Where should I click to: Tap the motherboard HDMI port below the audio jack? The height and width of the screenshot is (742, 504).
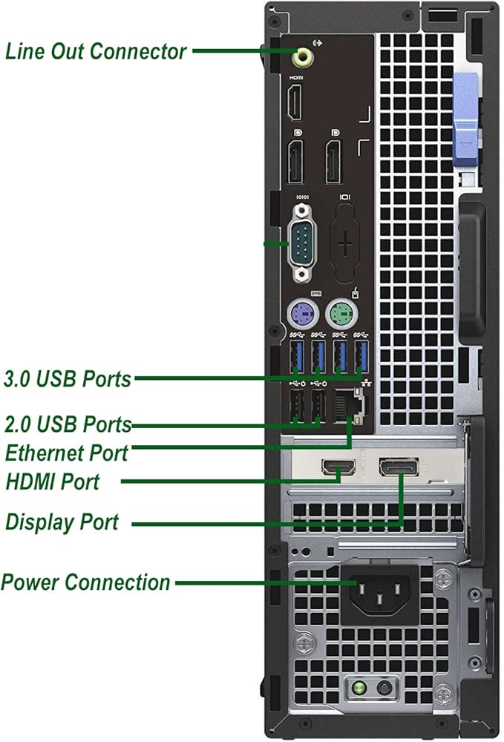click(x=295, y=102)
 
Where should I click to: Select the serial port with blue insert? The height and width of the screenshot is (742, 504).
click(x=302, y=243)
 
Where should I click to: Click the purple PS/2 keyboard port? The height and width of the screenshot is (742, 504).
click(x=302, y=313)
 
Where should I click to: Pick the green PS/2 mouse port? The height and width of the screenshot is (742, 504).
click(x=341, y=314)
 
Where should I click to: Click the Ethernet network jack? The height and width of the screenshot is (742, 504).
click(x=348, y=406)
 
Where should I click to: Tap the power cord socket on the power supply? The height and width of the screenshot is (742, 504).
click(x=379, y=591)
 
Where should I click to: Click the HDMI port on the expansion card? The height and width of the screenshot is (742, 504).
click(x=338, y=467)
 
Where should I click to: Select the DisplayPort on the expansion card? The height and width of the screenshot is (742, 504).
click(x=399, y=467)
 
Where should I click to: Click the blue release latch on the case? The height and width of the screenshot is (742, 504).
click(x=465, y=120)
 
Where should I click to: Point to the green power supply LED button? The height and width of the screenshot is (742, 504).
click(x=359, y=687)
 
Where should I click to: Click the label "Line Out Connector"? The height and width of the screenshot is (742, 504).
click(x=96, y=51)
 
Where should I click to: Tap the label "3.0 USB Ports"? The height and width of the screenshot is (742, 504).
click(x=68, y=378)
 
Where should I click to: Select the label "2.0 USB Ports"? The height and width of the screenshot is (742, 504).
click(x=68, y=424)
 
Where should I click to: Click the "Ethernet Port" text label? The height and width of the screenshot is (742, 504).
click(x=67, y=453)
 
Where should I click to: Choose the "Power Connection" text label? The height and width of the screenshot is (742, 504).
click(x=85, y=582)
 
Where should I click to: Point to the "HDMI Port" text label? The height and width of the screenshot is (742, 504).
click(x=53, y=482)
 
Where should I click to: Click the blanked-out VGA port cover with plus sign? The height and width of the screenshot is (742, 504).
click(x=345, y=243)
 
